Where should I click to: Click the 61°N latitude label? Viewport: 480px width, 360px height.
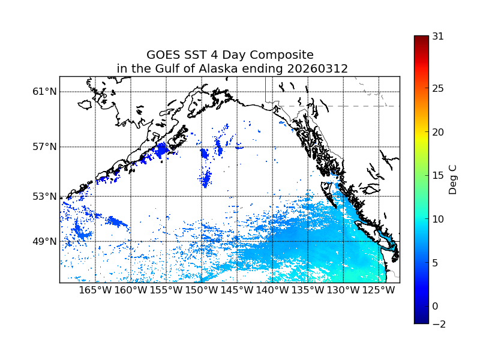tap(44, 91)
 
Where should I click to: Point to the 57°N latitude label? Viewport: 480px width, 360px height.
tap(44, 146)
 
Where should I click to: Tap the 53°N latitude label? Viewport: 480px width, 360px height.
tap(44, 196)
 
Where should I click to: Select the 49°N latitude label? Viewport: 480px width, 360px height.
tap(44, 241)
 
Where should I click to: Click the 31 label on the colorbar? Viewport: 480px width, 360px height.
tap(438, 36)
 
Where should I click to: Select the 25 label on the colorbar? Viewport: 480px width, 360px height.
tap(438, 88)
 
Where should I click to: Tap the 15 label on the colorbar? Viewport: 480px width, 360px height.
tap(438, 175)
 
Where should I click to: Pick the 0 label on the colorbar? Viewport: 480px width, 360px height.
tap(435, 306)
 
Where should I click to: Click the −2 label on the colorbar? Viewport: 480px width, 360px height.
tap(438, 324)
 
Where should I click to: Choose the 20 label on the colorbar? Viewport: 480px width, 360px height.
tap(438, 132)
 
